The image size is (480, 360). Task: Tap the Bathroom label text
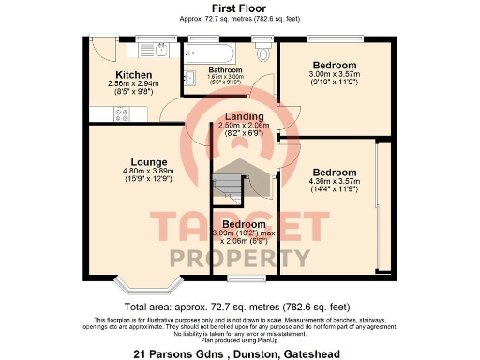(225, 70)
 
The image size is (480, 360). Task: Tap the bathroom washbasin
(187, 77)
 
